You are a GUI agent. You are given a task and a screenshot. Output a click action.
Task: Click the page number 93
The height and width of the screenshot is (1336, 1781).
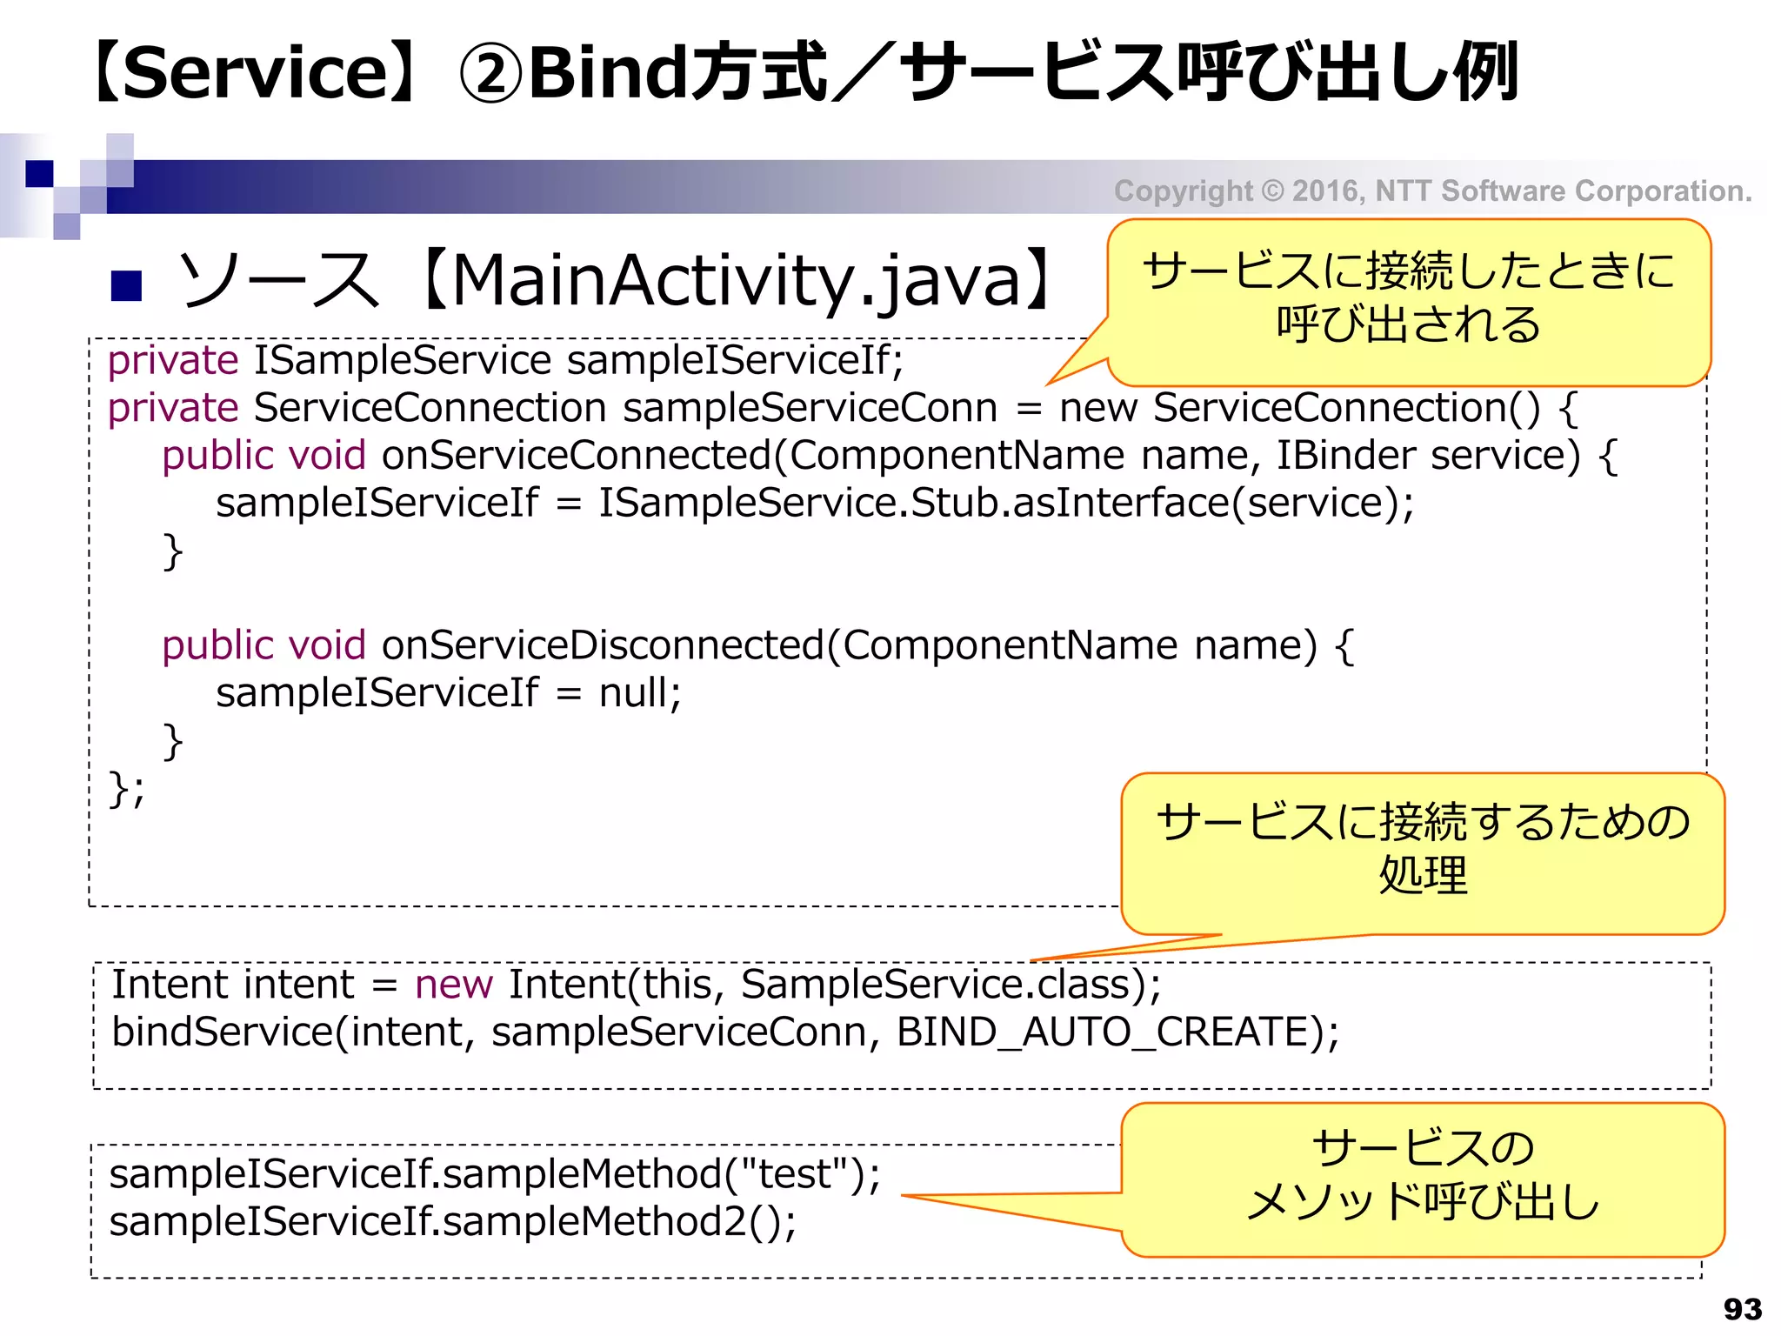(x=1742, y=1309)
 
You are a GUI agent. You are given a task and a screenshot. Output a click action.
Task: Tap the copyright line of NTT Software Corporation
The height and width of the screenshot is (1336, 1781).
(x=1432, y=190)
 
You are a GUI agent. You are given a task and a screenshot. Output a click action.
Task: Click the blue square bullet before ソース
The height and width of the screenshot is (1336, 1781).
(x=127, y=285)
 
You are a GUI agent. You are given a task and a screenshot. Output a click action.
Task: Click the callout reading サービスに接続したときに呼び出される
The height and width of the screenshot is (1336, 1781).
(x=1408, y=298)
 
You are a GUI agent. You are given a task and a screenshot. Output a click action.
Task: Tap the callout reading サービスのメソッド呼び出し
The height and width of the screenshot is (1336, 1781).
(x=1423, y=1176)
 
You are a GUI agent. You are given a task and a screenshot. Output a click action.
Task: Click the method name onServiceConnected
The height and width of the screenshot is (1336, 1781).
(x=576, y=456)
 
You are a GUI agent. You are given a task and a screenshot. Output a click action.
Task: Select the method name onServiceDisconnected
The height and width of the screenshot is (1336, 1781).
(x=602, y=645)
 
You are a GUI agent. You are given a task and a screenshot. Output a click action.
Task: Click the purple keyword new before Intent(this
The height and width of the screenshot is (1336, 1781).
(x=453, y=985)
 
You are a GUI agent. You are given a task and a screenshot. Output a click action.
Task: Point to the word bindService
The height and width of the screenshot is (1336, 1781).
(x=223, y=1032)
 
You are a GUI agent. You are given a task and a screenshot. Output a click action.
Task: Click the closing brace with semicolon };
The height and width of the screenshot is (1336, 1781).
(x=127, y=790)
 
